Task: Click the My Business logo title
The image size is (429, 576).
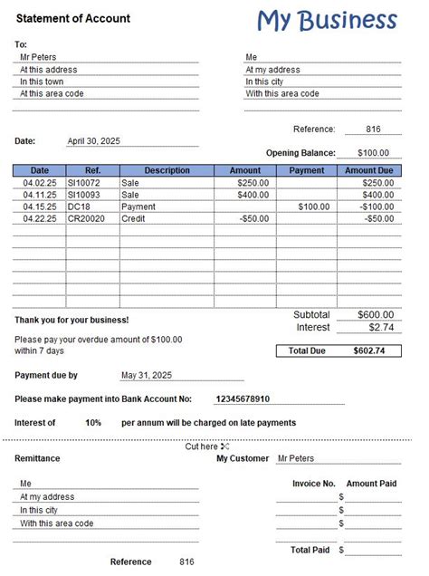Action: tap(327, 19)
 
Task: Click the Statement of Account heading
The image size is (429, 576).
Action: tap(73, 18)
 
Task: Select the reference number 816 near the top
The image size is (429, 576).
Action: tap(373, 130)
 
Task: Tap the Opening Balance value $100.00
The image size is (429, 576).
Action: tap(372, 153)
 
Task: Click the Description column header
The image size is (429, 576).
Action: tap(167, 170)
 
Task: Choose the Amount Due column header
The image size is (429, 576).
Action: tap(368, 170)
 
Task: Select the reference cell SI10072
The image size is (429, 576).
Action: tap(84, 183)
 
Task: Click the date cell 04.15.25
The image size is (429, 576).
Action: tap(40, 206)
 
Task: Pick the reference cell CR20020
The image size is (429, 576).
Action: tap(86, 218)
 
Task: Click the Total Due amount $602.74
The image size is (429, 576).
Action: tap(369, 350)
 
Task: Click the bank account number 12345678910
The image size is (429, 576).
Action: tap(243, 398)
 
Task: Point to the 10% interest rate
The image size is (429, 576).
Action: tap(93, 422)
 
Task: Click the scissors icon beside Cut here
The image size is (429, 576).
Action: tap(224, 446)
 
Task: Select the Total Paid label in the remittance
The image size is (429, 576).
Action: tap(310, 550)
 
